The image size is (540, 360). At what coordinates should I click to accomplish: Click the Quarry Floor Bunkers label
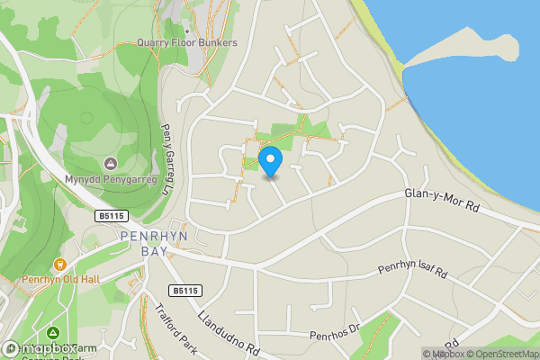point(187,42)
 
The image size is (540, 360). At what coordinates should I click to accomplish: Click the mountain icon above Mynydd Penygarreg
point(110,163)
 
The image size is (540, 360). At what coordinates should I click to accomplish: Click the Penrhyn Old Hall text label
point(61,279)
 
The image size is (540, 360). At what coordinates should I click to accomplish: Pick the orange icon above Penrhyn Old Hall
point(60,265)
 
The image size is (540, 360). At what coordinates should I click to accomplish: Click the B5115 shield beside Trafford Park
point(184,291)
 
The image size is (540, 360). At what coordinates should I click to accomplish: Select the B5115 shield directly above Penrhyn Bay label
point(111,216)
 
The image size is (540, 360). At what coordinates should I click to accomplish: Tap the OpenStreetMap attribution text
point(503,354)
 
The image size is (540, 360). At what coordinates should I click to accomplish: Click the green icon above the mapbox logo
point(53,333)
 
